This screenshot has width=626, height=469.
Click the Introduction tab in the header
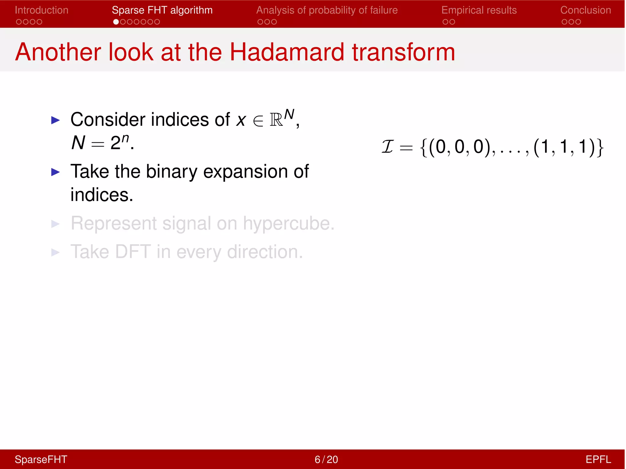point(42,10)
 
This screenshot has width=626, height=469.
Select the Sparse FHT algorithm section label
point(162,10)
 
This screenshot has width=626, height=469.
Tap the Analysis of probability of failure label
point(327,10)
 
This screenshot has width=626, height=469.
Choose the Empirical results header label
point(479,10)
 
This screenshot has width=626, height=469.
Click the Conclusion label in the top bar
point(585,10)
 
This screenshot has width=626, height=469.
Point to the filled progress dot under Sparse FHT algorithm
point(116,22)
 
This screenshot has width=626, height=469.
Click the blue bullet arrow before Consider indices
point(55,120)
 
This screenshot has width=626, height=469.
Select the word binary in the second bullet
point(171,172)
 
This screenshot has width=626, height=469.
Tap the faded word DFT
point(133,252)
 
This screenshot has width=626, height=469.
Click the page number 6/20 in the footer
point(326,460)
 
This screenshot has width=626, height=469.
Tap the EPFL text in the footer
point(598,460)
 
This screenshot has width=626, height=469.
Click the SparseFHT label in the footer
point(41,460)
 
